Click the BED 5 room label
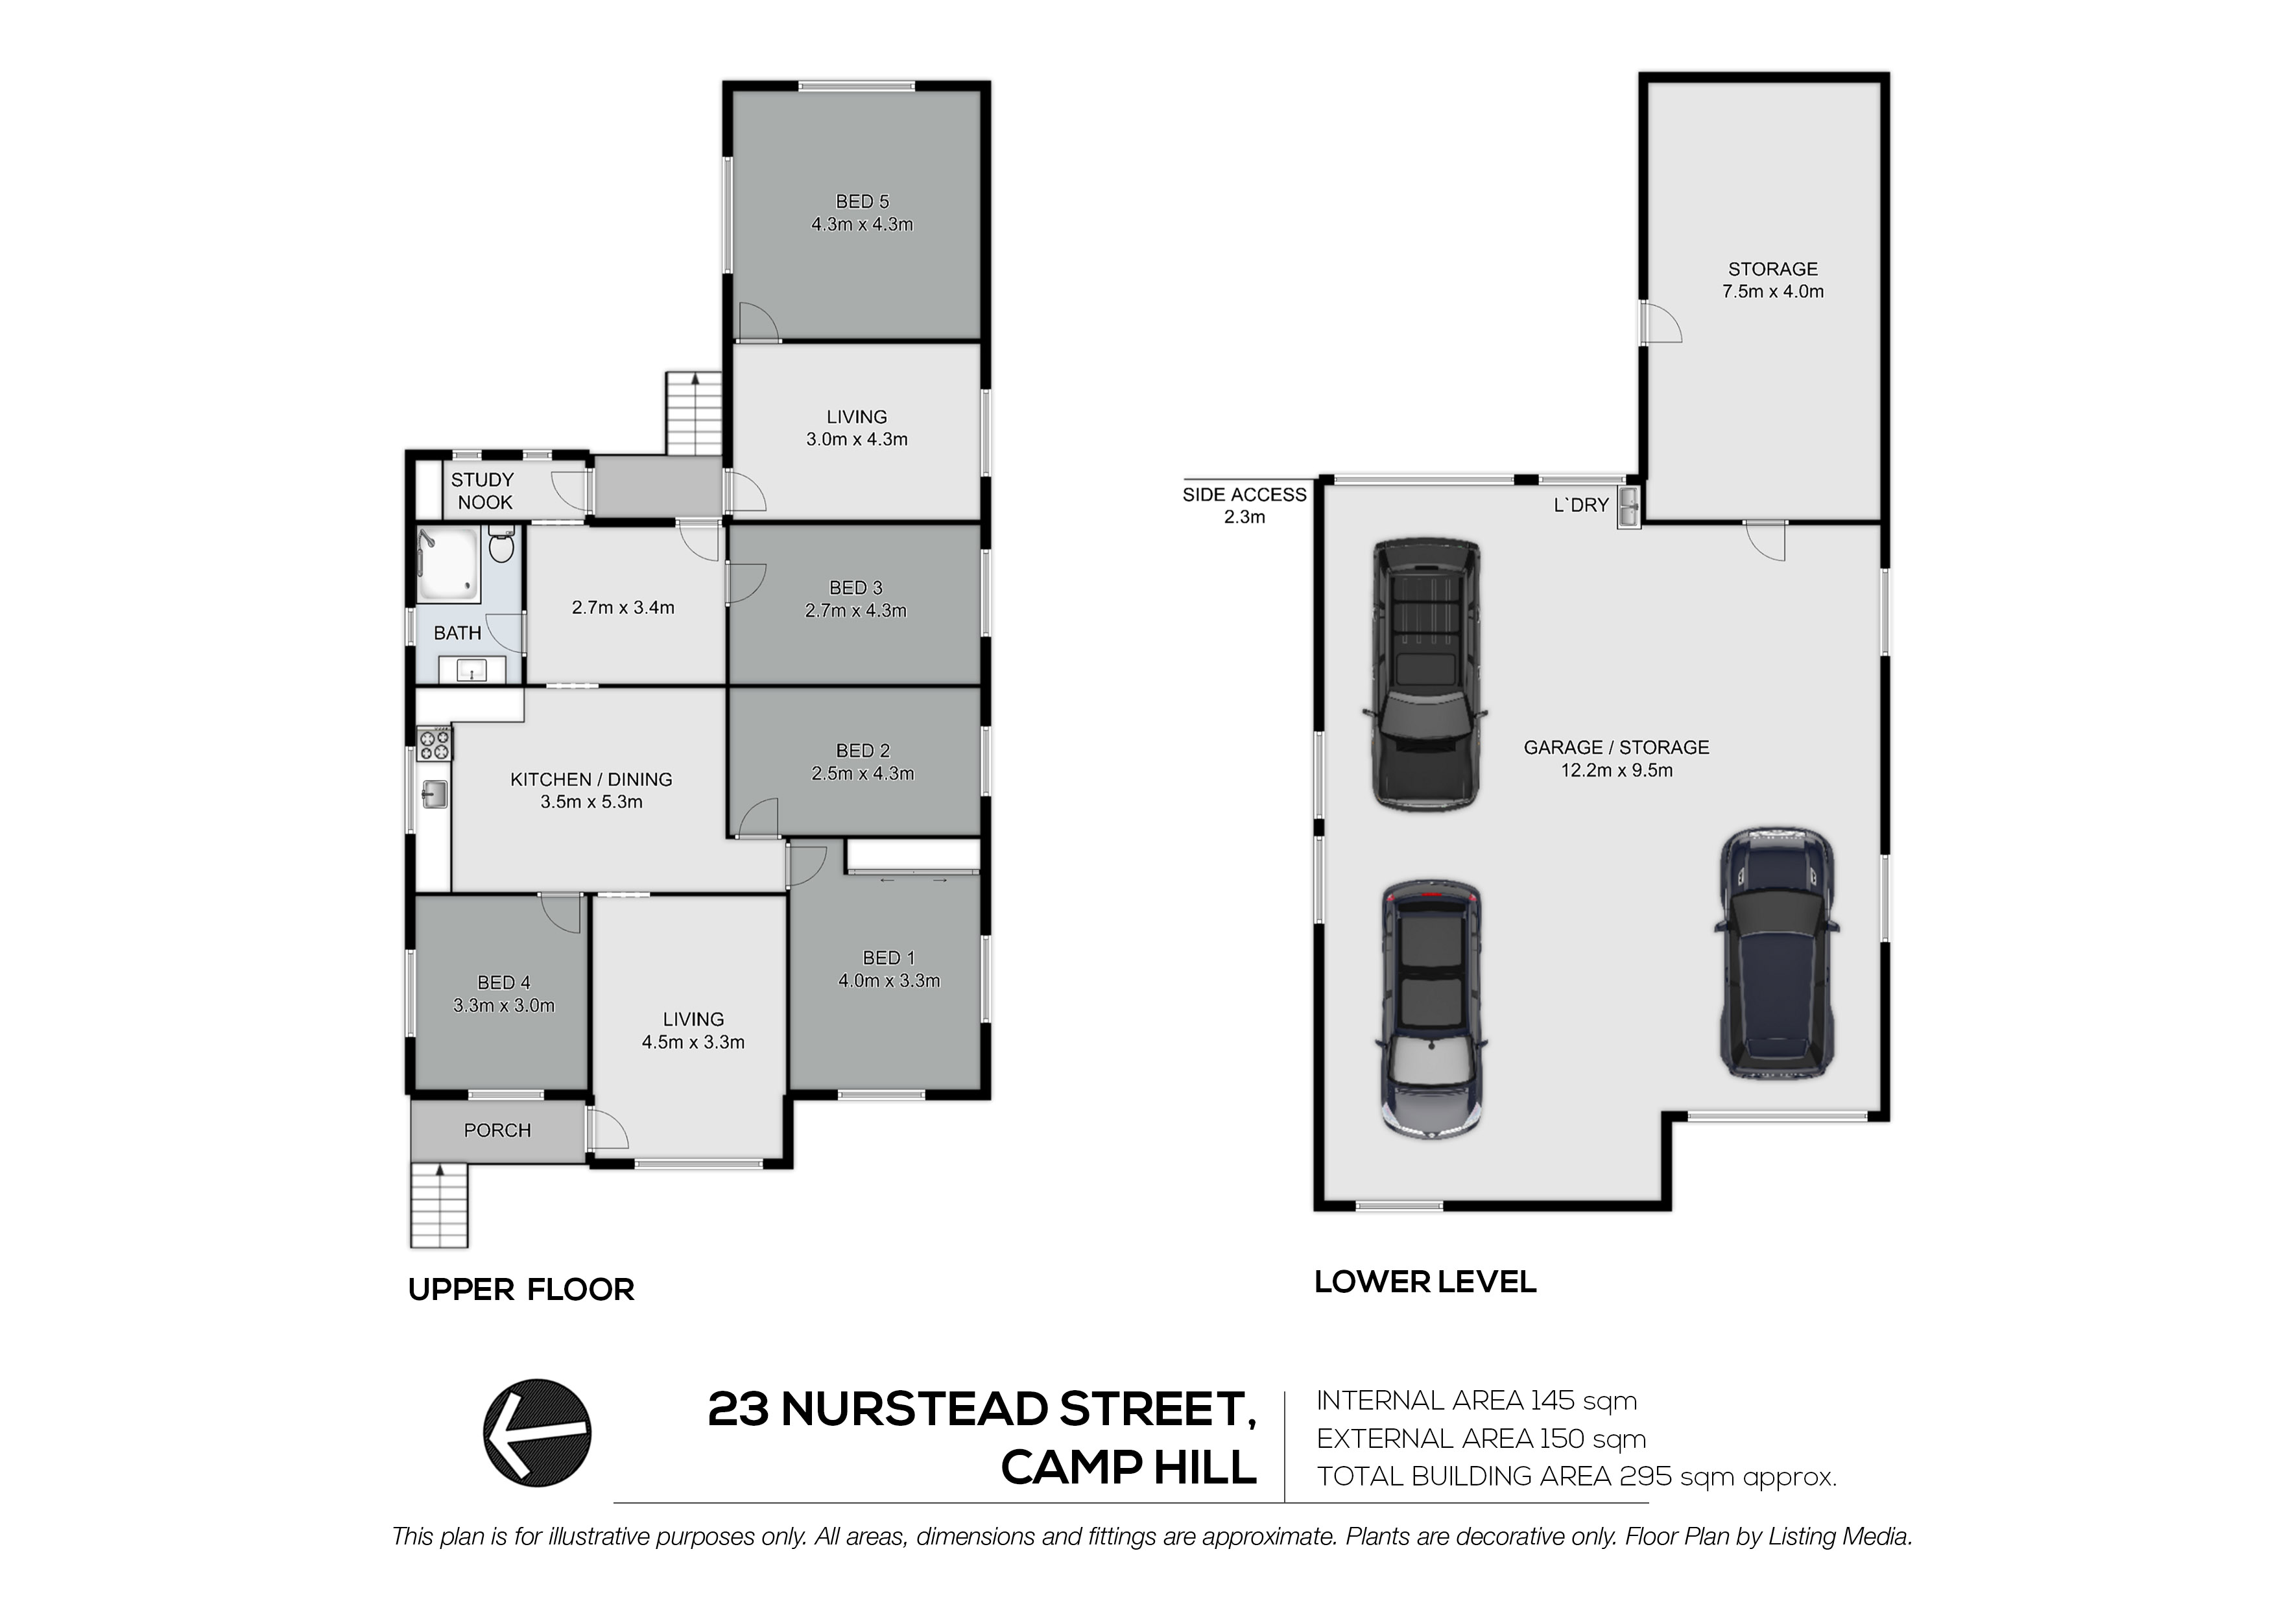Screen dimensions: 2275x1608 click(862, 201)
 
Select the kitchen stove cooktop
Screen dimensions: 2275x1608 click(434, 743)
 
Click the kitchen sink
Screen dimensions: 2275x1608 click(434, 794)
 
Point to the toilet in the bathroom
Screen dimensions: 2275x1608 click(501, 545)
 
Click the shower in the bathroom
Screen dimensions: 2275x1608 click(448, 563)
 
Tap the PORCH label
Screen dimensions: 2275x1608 click(497, 1130)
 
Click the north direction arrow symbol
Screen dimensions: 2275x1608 click(537, 1433)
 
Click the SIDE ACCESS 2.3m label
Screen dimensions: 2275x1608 click(1245, 505)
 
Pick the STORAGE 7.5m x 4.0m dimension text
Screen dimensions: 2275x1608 click(1772, 291)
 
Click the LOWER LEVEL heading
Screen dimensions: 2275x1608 click(1425, 1281)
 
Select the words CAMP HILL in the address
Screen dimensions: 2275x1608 click(1128, 1467)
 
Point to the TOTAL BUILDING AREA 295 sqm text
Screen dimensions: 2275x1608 click(1577, 1476)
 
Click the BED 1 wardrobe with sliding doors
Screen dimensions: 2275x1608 click(912, 856)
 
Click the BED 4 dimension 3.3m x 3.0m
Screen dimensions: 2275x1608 click(505, 1006)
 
